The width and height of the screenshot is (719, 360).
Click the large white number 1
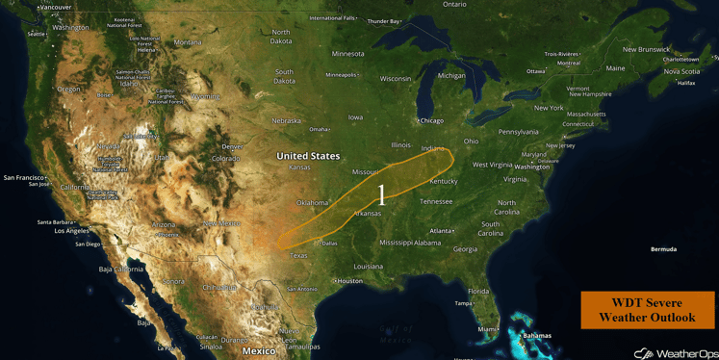pyautogui.click(x=381, y=195)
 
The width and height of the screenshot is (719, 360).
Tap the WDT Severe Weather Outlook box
pyautogui.click(x=647, y=310)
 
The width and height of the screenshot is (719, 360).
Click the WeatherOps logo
pyautogui.click(x=675, y=353)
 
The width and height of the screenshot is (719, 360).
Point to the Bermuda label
pyautogui.click(x=663, y=249)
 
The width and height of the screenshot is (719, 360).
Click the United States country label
pyautogui.click(x=308, y=156)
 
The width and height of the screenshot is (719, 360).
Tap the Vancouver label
pyautogui.click(x=55, y=8)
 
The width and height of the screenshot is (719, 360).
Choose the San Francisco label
pyautogui.click(x=24, y=177)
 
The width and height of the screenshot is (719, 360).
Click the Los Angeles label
pyautogui.click(x=71, y=231)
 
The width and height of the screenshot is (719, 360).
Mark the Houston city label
pyautogui.click(x=349, y=281)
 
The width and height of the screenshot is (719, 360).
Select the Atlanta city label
pyautogui.click(x=442, y=231)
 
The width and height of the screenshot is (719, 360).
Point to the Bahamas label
pyautogui.click(x=537, y=336)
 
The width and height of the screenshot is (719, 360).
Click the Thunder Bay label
pyautogui.click(x=383, y=21)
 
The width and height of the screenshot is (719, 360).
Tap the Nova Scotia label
pyautogui.click(x=681, y=71)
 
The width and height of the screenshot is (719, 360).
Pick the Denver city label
pyautogui.click(x=232, y=146)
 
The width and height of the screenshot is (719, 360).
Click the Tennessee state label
pyautogui.click(x=436, y=201)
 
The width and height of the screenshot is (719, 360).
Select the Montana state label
pyautogui.click(x=188, y=42)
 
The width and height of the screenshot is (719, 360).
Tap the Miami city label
pyautogui.click(x=487, y=329)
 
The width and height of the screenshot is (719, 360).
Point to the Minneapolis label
pyautogui.click(x=341, y=75)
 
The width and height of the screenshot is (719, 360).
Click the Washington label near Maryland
pyautogui.click(x=531, y=167)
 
